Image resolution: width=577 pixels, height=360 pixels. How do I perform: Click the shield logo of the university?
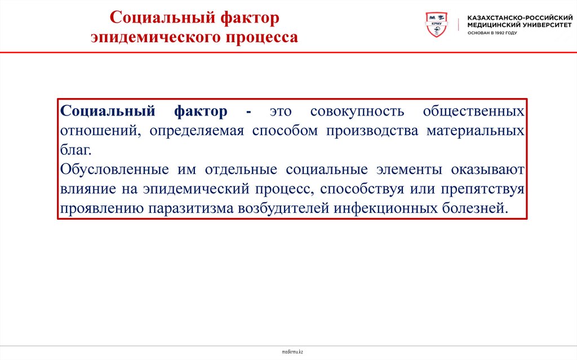coord(435,25)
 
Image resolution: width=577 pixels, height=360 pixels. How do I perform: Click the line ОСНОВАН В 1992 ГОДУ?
coord(492,33)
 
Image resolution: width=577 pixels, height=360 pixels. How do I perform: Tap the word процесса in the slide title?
coord(262,38)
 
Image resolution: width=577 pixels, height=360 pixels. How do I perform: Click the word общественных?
coord(474,111)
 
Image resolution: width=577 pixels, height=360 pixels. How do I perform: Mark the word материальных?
coord(476,131)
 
